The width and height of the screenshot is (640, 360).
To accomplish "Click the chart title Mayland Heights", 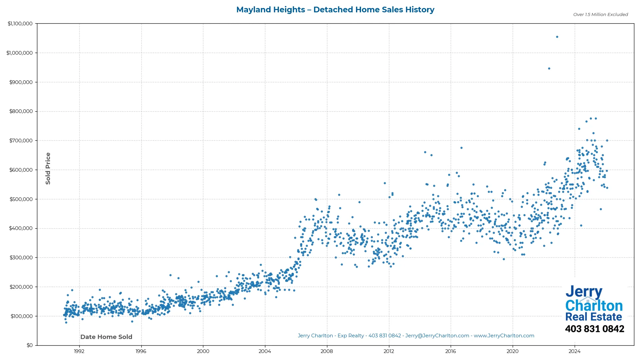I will [335, 10].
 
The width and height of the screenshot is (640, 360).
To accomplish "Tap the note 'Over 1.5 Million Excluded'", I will [600, 15].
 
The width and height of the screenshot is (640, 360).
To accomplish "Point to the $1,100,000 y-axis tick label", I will [20, 24].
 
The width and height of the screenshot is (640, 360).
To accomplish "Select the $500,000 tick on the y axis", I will [21, 199].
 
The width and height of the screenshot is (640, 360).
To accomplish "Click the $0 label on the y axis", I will [30, 345].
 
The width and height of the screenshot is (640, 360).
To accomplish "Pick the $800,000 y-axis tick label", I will [21, 111].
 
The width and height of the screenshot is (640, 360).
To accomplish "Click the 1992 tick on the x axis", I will [79, 351].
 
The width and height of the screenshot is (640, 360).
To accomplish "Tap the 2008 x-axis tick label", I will [327, 351].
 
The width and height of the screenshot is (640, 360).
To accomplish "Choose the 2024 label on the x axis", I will [574, 351].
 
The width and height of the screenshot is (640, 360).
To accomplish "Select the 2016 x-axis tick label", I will [451, 351].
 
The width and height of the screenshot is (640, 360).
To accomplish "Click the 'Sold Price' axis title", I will [48, 168].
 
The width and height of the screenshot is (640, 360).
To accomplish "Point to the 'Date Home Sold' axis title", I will [106, 337].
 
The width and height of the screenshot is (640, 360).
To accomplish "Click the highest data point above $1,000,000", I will [557, 37].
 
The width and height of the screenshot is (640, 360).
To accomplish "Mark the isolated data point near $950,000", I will [549, 69].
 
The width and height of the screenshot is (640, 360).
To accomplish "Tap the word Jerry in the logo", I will [584, 292].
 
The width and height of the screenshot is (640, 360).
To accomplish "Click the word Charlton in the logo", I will [594, 306].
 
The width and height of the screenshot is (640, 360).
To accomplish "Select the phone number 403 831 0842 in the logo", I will [594, 329].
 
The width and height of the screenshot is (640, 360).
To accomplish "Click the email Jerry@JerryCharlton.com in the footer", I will [437, 336].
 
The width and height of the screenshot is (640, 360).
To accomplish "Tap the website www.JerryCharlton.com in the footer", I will [504, 336].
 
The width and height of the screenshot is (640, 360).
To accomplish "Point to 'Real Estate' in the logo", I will [593, 317].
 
